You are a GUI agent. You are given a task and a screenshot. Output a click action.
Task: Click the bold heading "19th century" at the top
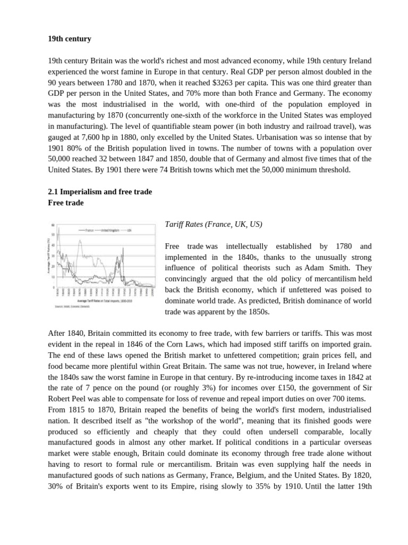(69, 39)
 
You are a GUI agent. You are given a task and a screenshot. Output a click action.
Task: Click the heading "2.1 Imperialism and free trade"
(100, 192)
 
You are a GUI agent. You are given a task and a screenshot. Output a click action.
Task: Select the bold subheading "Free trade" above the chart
(66, 203)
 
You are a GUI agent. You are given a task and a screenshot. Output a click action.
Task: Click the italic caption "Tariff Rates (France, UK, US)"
(214, 225)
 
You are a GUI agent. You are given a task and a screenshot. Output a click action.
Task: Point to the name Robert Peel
(66, 399)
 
